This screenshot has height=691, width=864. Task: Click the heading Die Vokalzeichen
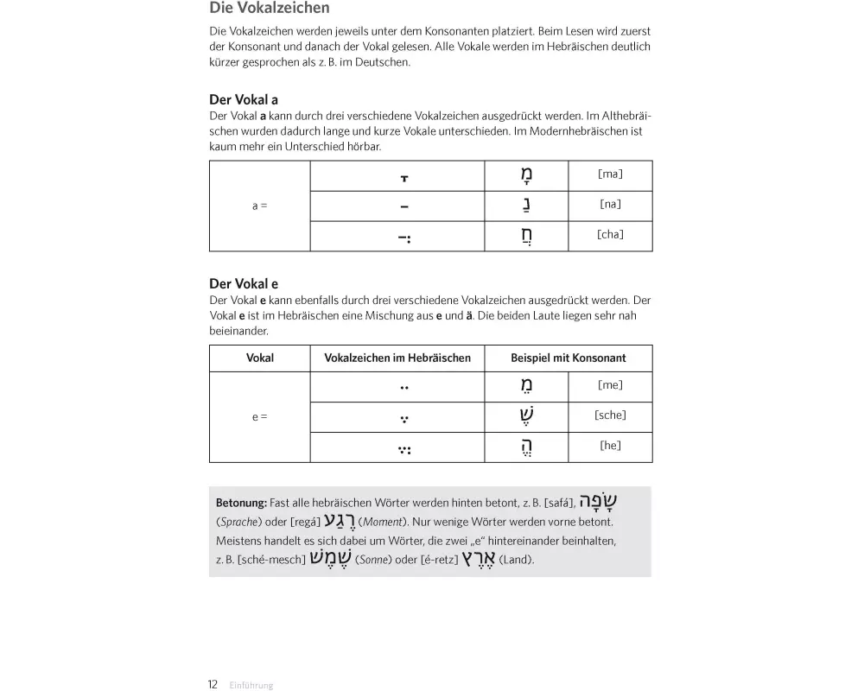(270, 9)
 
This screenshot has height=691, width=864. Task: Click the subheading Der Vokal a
(244, 99)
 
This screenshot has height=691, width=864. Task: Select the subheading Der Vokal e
(244, 283)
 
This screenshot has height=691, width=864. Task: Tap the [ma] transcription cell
(610, 174)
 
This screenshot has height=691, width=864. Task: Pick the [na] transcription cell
(610, 205)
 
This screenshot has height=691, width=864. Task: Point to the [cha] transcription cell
(610, 235)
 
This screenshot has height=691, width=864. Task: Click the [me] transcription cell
(610, 386)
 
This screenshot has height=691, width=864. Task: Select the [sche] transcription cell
(610, 415)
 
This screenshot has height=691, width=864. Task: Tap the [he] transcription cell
(610, 446)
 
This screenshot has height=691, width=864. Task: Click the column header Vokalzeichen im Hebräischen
(397, 358)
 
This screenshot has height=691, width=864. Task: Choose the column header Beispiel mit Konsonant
(568, 358)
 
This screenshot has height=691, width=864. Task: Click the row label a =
(259, 206)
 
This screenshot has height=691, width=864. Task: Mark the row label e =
(259, 416)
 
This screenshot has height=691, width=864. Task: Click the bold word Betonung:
(241, 503)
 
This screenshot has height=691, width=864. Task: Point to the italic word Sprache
(239, 523)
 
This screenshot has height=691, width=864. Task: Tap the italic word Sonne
(374, 560)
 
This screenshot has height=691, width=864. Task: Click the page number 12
(213, 684)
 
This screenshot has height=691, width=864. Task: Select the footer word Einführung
(251, 685)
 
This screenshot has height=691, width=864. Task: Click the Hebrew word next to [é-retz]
(476, 558)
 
